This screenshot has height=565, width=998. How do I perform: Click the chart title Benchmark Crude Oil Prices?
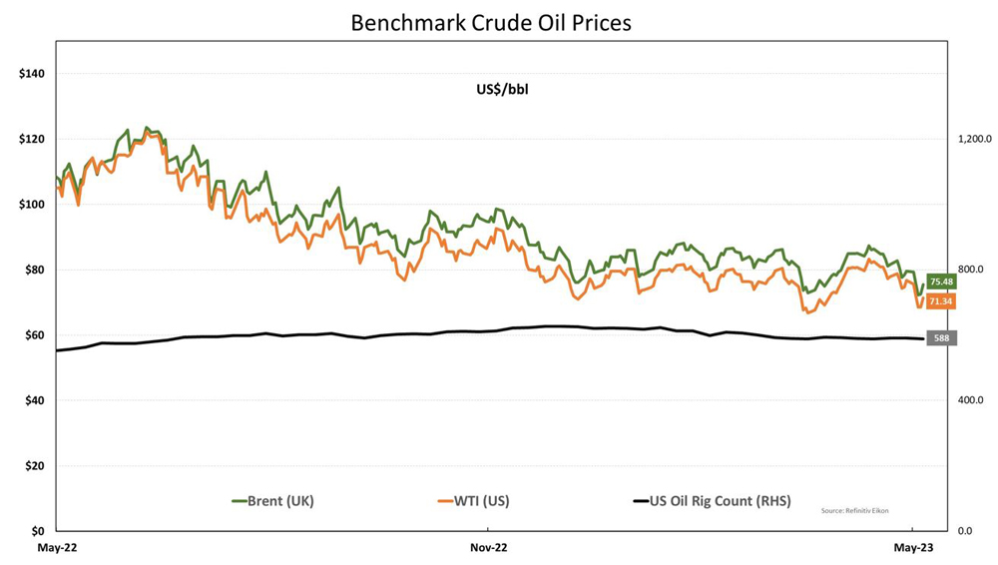click(490, 23)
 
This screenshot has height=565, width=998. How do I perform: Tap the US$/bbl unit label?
click(501, 89)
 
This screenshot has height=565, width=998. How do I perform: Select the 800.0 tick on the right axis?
click(971, 270)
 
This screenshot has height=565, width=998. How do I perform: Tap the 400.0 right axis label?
click(971, 400)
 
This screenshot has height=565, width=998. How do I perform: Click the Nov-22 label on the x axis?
click(489, 547)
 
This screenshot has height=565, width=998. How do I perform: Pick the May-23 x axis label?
click(913, 547)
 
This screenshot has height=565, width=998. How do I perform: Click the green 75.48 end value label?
click(941, 282)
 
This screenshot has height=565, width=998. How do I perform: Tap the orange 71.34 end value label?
click(941, 301)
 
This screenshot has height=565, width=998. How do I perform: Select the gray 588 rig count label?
click(941, 338)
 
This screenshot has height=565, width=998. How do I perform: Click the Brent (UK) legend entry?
click(272, 501)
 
